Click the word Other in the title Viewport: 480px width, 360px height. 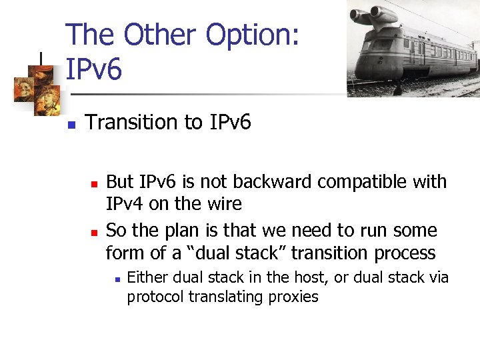(x=161, y=35)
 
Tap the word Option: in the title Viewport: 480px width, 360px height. (x=253, y=35)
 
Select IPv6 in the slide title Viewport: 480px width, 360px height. (x=94, y=69)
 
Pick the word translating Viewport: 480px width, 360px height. (x=221, y=297)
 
